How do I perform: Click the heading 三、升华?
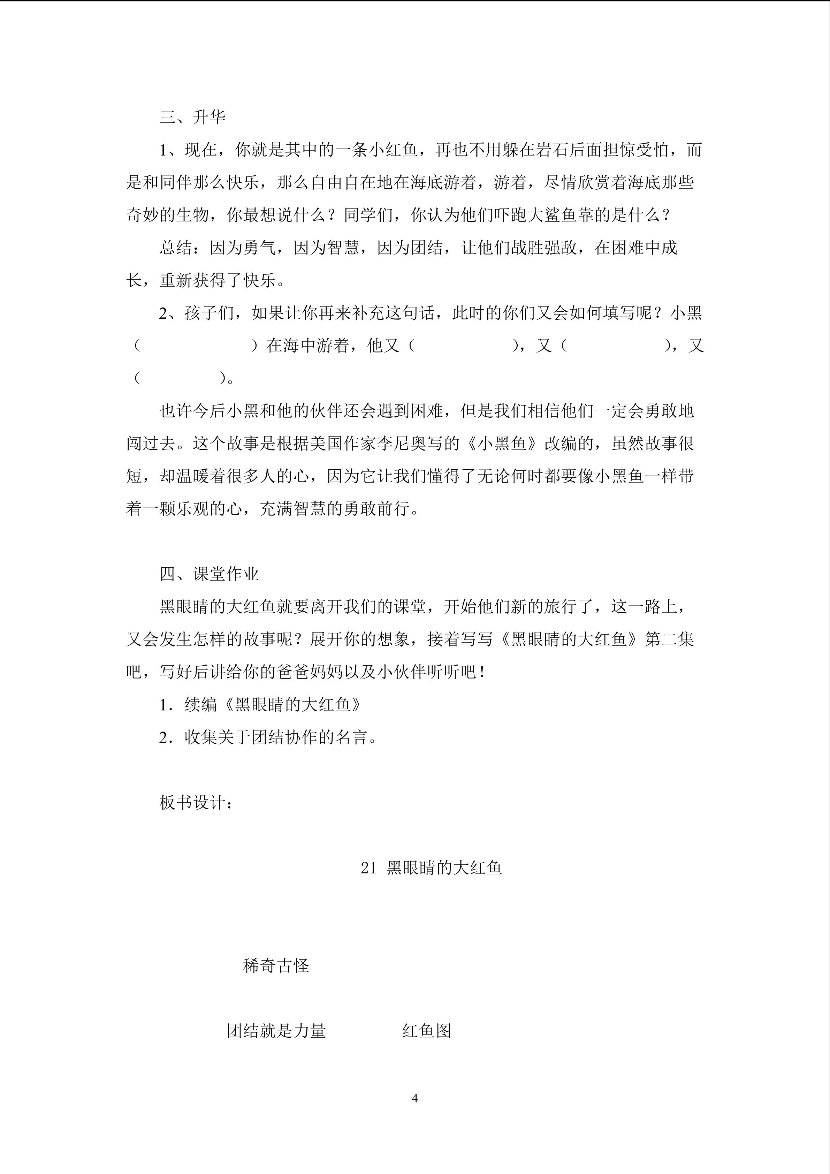pos(192,117)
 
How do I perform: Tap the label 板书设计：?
pos(197,802)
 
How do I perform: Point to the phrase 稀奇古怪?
pos(276,965)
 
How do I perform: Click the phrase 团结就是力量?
pos(276,1030)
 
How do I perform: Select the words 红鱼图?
pos(427,1030)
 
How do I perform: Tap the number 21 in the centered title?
pos(368,868)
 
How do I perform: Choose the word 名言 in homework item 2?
pos(351,737)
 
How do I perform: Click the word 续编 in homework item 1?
pos(201,705)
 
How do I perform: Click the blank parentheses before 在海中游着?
pos(196,346)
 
